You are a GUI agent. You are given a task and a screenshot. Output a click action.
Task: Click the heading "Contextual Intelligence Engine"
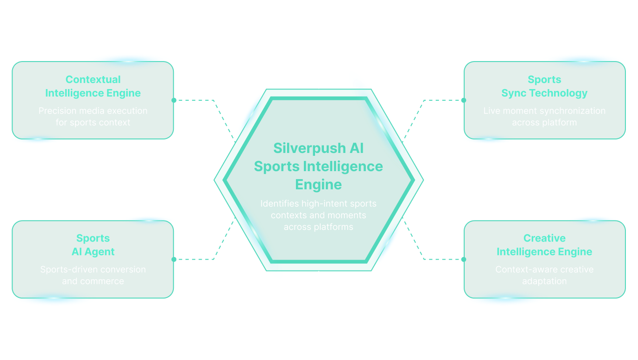tap(93, 86)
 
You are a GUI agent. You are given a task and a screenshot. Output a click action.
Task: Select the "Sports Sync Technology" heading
tap(544, 86)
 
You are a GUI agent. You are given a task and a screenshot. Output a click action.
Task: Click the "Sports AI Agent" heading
tap(93, 245)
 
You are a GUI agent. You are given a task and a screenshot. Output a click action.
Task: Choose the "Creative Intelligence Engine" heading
tap(544, 245)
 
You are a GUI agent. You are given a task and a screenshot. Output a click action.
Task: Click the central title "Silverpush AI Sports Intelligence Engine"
tap(318, 166)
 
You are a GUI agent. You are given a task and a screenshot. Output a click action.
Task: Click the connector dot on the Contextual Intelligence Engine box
tap(174, 100)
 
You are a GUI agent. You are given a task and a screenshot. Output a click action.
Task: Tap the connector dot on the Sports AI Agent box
tap(174, 259)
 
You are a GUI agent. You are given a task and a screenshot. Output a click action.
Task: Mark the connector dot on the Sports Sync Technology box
tap(464, 100)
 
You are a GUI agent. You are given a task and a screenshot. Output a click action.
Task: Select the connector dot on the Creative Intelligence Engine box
tap(464, 259)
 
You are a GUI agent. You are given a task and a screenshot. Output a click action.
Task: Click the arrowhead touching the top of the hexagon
tap(319, 86)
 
